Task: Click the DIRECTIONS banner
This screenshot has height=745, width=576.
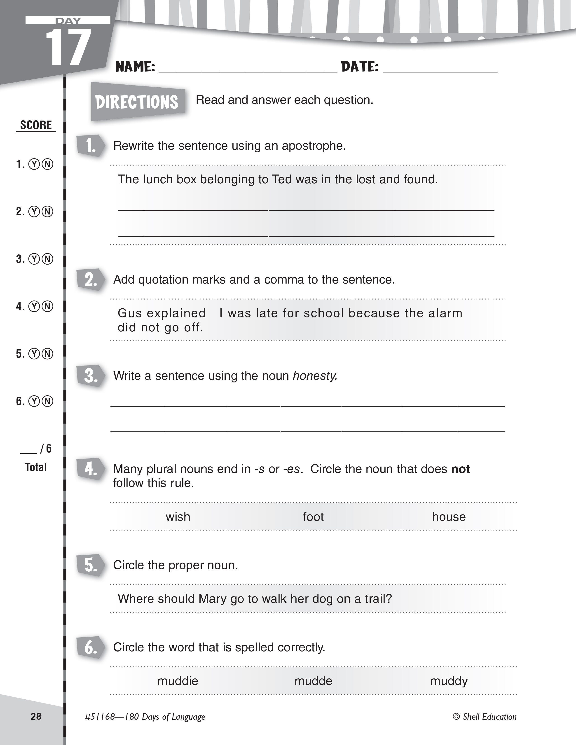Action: coord(137,102)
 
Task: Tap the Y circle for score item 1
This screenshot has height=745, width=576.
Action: coord(34,164)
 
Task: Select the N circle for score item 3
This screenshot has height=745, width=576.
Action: coord(48,259)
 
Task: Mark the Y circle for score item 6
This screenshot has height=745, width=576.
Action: coord(34,401)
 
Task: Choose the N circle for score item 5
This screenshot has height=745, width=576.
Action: coord(48,354)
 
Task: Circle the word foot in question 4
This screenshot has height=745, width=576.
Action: coord(313,517)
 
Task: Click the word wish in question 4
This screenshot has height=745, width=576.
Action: coord(178,517)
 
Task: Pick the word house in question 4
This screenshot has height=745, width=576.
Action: coord(448,517)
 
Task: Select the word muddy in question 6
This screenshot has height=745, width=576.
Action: coord(448,681)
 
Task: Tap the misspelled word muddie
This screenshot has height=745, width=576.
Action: coord(178,681)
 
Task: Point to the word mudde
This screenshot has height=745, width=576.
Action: coord(313,681)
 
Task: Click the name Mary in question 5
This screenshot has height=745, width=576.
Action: coord(213,599)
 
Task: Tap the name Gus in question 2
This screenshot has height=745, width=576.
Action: coord(127,313)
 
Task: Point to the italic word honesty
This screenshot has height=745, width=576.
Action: coord(315,376)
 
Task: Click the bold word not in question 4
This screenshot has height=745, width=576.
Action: coord(460,469)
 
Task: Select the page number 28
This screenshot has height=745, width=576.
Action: coord(36,716)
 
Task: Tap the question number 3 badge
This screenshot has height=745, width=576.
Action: coord(90,376)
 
